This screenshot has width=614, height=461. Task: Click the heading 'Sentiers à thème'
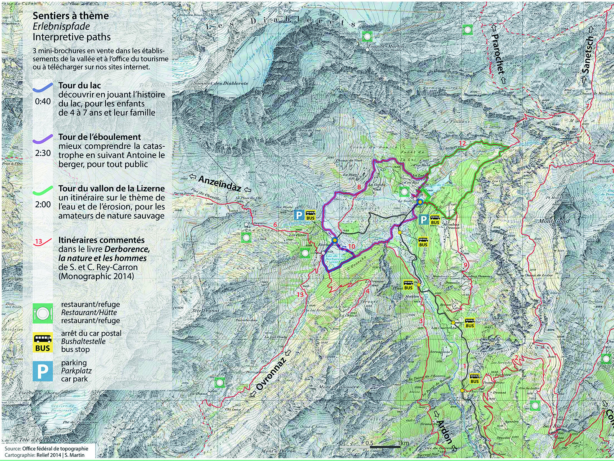tap(71, 16)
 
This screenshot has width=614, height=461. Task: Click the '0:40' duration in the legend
tap(43, 101)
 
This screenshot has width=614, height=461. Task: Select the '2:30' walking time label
tap(43, 153)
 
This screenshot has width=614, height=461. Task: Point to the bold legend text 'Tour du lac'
tap(79, 85)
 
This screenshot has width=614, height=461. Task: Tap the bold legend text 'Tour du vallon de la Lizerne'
tap(111, 188)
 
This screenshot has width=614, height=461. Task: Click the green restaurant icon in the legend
tap(43, 313)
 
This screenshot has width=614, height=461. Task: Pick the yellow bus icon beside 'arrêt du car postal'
tap(43, 342)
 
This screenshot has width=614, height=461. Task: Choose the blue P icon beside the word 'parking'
tap(43, 371)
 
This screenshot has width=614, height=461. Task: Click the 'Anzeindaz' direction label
tap(220, 184)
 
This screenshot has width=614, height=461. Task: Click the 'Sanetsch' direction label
tap(588, 55)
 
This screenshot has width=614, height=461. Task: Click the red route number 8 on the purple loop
tap(359, 187)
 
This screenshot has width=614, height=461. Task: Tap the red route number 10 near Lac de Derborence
tap(352, 246)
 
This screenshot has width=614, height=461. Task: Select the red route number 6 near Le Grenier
tap(275, 225)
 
